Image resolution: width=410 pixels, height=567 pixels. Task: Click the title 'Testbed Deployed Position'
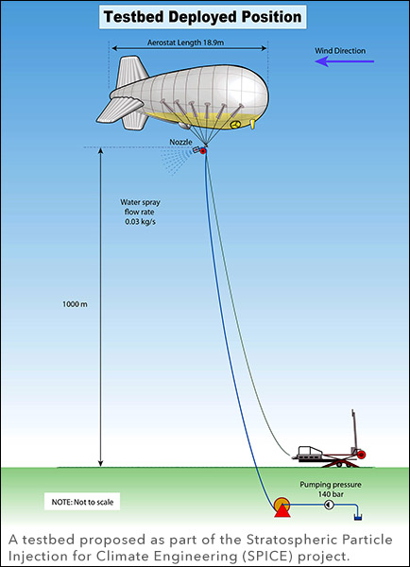[202, 17]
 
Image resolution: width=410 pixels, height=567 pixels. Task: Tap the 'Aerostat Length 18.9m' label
[185, 43]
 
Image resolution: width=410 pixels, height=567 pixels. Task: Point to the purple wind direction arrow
[345, 61]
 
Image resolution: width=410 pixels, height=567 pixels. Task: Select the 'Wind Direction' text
[340, 51]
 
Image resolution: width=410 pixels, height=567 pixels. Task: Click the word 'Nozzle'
[180, 142]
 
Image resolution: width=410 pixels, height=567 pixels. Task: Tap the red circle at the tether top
[203, 151]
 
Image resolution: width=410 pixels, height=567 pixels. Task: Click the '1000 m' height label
[75, 304]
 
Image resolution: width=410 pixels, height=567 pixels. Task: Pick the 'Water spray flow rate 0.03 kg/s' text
[140, 212]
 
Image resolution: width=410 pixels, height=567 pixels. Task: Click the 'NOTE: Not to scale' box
[82, 502]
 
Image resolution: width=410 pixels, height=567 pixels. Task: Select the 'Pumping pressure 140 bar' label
[331, 489]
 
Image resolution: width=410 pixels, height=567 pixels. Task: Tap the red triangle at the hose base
[282, 509]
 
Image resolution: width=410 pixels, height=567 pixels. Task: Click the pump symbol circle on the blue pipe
[329, 504]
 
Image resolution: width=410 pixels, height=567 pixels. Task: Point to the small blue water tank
[358, 518]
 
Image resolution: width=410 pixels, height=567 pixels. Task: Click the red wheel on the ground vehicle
[361, 455]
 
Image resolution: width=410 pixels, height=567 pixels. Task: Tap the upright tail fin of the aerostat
[131, 72]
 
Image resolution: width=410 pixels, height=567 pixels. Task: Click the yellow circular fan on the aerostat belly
[236, 125]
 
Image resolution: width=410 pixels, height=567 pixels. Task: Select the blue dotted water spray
[177, 161]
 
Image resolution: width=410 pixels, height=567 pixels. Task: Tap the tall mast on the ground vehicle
[354, 430]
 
